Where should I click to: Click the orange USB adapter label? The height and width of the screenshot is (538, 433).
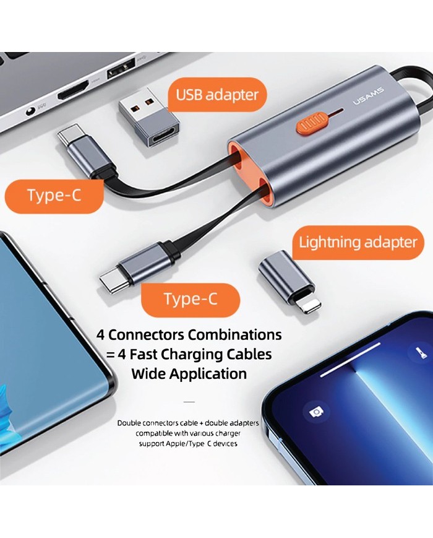[217, 95]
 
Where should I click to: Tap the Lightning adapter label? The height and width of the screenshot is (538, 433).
[358, 243]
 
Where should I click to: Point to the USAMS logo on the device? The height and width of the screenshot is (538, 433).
[369, 96]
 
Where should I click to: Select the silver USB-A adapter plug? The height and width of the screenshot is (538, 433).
[149, 119]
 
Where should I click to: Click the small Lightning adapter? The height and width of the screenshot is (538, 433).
[290, 281]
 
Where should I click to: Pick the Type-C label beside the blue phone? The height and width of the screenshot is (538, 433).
[54, 196]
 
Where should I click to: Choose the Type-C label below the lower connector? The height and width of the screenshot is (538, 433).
[191, 299]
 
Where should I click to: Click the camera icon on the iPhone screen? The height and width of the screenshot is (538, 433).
[316, 411]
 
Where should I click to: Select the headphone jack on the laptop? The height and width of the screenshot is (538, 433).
[31, 110]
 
